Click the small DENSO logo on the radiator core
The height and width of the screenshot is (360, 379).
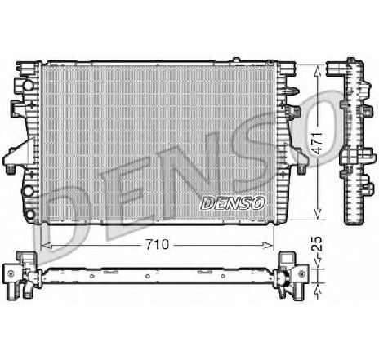pos(232,199)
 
